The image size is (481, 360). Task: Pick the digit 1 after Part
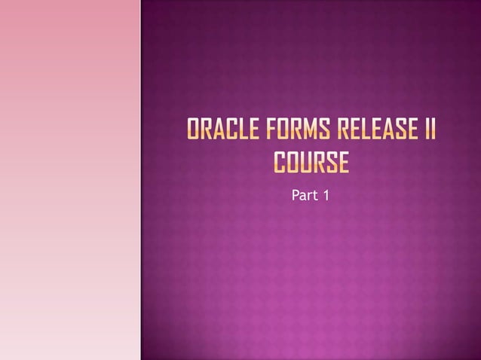click(x=326, y=196)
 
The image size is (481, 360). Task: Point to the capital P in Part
click(x=294, y=196)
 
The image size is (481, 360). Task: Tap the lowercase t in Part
click(x=314, y=196)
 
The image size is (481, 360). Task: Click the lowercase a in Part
click(x=302, y=197)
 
